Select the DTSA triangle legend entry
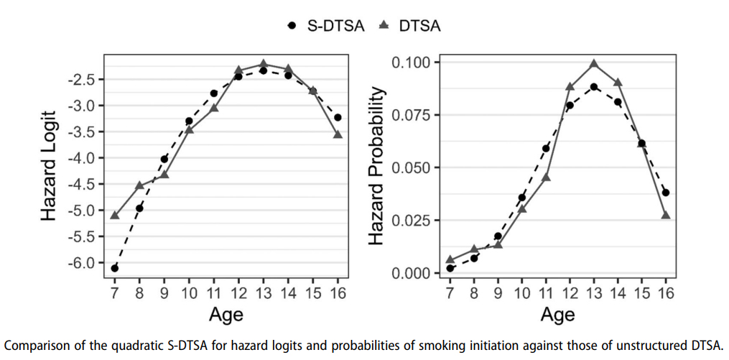(x=409, y=26)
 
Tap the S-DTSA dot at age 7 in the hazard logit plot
(x=115, y=268)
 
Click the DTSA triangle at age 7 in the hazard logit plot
(x=115, y=215)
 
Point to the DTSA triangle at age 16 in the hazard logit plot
(x=338, y=134)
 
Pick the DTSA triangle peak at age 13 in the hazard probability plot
(x=594, y=64)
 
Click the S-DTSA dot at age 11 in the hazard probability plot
(x=546, y=149)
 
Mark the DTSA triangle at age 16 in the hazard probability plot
(x=666, y=215)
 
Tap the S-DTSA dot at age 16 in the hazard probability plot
(x=666, y=193)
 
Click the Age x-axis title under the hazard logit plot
(x=226, y=314)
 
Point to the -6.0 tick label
(x=80, y=262)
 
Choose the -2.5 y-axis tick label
(x=80, y=79)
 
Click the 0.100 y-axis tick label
(x=412, y=63)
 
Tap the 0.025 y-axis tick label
(x=412, y=221)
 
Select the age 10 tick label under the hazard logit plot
(x=189, y=292)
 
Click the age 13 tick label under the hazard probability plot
(x=594, y=292)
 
